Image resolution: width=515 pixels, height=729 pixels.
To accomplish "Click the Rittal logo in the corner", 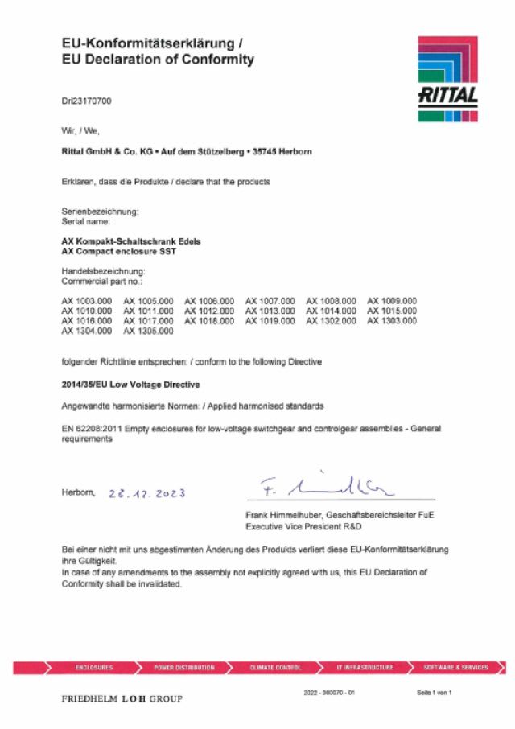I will [447, 79].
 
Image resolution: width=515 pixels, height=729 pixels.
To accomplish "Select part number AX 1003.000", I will [87, 301].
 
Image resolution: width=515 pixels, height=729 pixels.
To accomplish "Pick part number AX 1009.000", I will [392, 301].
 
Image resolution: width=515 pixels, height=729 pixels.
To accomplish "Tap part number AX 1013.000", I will [270, 311].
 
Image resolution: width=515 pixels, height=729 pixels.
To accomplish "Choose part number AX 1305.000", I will [148, 331].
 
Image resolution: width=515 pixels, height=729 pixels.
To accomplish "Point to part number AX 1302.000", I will [331, 321].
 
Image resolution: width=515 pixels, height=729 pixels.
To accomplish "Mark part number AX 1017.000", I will [148, 321].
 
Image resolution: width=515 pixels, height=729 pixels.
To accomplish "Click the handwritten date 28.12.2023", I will [153, 493].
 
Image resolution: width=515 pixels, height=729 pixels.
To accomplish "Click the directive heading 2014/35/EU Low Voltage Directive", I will [131, 385].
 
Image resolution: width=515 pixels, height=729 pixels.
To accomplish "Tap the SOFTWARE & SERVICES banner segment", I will [455, 668].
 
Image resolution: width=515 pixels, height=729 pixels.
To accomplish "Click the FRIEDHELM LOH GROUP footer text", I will [122, 698].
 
